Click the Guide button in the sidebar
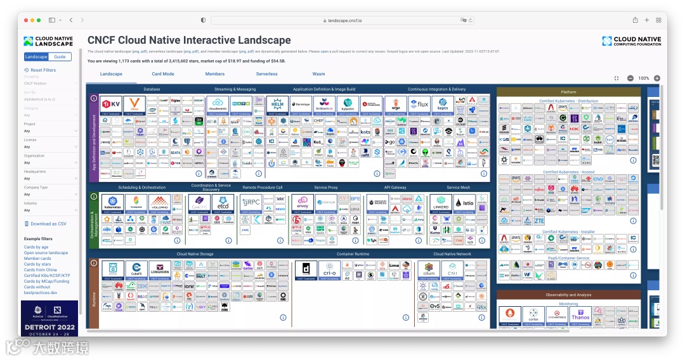click(x=60, y=57)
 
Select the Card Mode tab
click(x=163, y=74)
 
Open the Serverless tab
click(x=266, y=74)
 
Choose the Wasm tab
click(x=318, y=74)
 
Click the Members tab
click(x=215, y=74)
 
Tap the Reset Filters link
click(x=43, y=70)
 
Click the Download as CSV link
click(x=48, y=224)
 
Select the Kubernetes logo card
click(x=112, y=204)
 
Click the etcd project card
click(x=223, y=204)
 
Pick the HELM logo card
click(x=278, y=105)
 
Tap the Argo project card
click(x=395, y=105)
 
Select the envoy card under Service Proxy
click(x=303, y=204)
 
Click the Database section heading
click(x=152, y=89)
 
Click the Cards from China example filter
click(x=40, y=270)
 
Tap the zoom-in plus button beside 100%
click(x=657, y=79)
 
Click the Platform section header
click(x=568, y=93)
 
